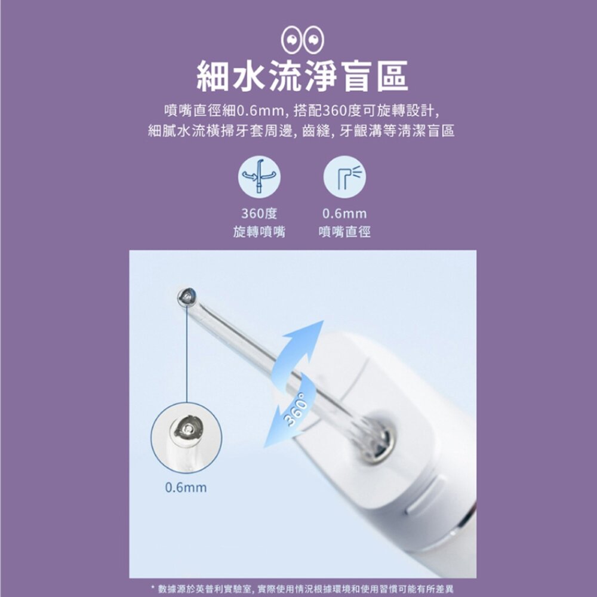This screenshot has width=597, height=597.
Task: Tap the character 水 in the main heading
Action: pos(248,76)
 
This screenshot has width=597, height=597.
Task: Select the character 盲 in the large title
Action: pos(357,76)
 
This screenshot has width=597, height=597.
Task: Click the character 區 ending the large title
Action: pos(392,76)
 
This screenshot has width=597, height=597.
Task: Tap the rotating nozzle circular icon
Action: pos(259,177)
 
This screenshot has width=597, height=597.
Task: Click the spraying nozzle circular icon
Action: pos(344,177)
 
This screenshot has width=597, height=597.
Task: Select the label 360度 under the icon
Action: pos(259,213)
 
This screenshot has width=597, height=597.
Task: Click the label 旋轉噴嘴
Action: pos(259,232)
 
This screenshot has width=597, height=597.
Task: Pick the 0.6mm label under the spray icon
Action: pos(344,214)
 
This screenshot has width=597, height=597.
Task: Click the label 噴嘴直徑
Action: pos(344,232)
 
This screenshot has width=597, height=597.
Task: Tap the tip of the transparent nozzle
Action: pos(186,297)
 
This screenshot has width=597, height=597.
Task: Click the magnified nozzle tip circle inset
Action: pos(186,438)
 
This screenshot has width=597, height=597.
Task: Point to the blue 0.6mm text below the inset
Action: pos(186,487)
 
